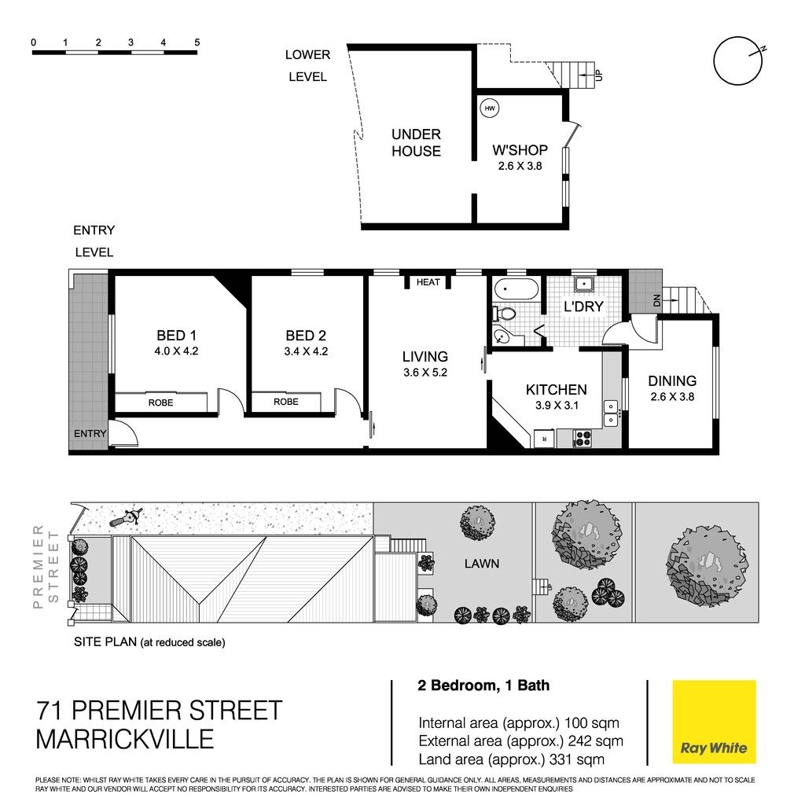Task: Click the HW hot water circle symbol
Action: tap(490, 108)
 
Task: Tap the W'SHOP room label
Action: tap(520, 150)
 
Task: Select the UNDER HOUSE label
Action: tap(417, 143)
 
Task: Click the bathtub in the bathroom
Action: tap(516, 289)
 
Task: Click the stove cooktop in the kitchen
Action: tap(583, 438)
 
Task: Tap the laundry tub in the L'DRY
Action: tap(584, 284)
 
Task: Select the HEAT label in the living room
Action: tap(428, 282)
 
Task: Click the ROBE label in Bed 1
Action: tap(160, 402)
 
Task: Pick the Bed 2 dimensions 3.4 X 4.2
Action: tap(306, 351)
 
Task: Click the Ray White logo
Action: tap(714, 722)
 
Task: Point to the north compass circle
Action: tap(737, 61)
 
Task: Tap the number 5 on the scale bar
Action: tap(197, 42)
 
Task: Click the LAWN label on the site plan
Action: tap(482, 564)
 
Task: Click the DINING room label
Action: tap(672, 381)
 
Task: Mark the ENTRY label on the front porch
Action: tap(90, 434)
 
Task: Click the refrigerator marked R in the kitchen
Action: tap(544, 439)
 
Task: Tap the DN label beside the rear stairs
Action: tap(656, 301)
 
